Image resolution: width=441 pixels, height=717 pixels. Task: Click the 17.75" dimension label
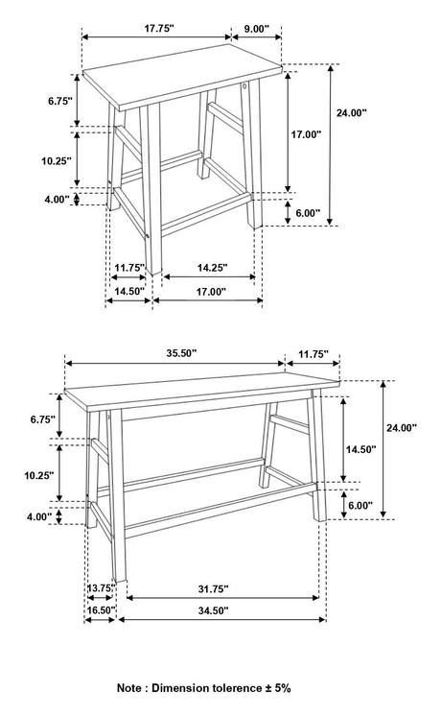click(x=159, y=29)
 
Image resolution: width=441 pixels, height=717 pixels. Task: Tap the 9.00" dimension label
click(x=256, y=29)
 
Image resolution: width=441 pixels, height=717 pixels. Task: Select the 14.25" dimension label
click(x=212, y=268)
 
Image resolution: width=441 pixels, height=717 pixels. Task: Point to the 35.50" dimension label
click(x=181, y=353)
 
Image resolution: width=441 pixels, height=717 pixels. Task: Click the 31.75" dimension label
click(x=213, y=589)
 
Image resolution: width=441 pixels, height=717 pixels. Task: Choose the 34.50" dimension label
click(x=213, y=610)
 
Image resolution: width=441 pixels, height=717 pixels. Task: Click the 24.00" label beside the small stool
click(x=352, y=113)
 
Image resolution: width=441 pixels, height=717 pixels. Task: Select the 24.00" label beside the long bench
click(x=402, y=428)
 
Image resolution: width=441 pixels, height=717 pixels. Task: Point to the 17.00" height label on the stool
click(x=307, y=134)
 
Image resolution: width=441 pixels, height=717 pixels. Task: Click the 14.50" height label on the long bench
click(x=360, y=449)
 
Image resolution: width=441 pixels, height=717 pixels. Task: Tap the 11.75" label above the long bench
click(x=313, y=354)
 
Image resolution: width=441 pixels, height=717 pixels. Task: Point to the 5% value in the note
click(x=283, y=688)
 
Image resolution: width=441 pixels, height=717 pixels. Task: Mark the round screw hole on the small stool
click(x=245, y=86)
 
